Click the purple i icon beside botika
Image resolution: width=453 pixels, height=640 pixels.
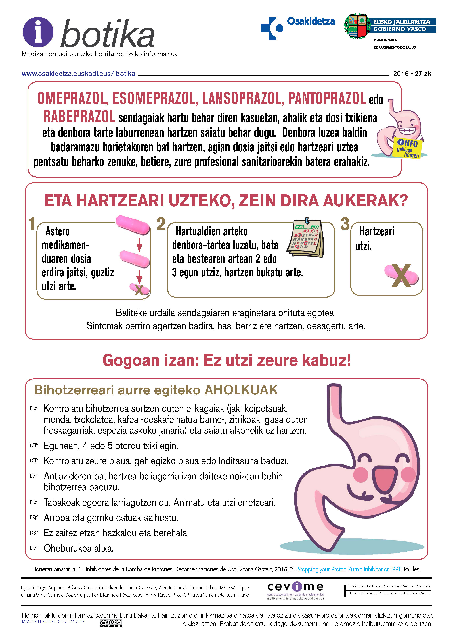pos(38,32)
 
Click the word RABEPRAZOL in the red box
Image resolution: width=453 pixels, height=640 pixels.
pos(79,117)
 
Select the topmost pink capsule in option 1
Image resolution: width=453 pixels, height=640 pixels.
pos(133,224)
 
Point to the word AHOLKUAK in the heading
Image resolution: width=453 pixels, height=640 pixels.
pos(241,390)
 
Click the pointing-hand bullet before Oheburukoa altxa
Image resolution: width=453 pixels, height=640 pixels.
pos(34,548)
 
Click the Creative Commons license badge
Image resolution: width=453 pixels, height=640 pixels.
pos(111,623)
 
